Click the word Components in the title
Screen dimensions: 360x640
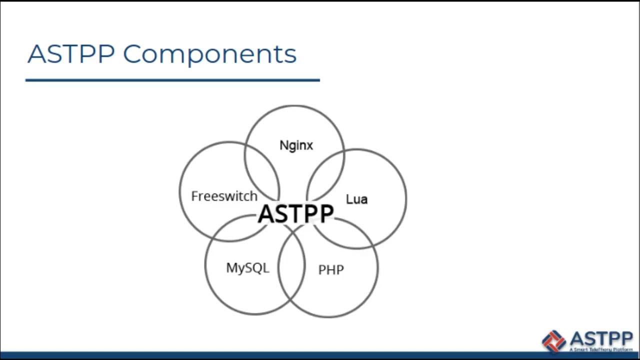coord(209,54)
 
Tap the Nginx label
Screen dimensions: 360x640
coord(296,145)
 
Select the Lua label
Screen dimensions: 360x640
coord(356,199)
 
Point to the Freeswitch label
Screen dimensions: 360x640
coord(224,196)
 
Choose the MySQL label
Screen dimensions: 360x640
coord(247,267)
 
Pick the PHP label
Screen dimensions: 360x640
coord(331,270)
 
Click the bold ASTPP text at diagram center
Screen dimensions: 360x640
coord(295,214)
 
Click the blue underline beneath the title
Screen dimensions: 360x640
coord(172,79)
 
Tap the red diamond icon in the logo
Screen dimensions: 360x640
coord(554,340)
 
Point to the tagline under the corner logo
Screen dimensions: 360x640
coord(600,349)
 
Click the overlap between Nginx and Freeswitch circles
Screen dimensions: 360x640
coord(262,170)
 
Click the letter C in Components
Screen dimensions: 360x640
coord(134,53)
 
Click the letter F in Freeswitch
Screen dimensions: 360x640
coord(194,196)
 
